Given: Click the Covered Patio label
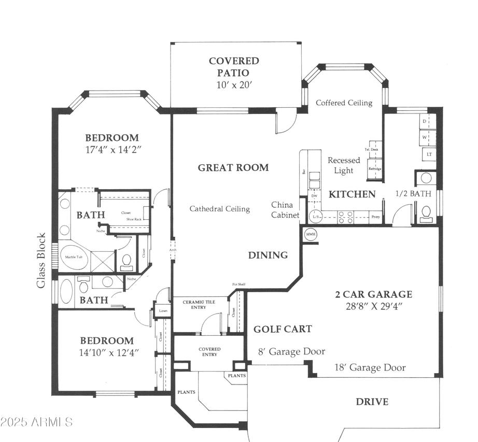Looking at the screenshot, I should click(x=234, y=67).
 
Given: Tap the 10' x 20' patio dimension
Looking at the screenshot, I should click(x=234, y=85).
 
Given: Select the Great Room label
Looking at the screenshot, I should click(x=233, y=167).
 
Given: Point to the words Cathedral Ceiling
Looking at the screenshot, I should click(x=219, y=209).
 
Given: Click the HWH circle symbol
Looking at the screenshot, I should click(x=311, y=234).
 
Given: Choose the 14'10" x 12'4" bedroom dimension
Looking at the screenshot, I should click(x=106, y=352).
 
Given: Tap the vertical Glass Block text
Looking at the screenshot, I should click(x=41, y=261).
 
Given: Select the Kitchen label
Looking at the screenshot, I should click(x=352, y=194).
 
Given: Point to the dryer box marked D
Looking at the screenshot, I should click(x=425, y=121).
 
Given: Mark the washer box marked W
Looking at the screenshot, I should click(x=425, y=137).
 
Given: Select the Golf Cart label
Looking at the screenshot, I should click(x=283, y=329).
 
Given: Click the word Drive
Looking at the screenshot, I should click(x=372, y=402).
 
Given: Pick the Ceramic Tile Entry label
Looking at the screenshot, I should click(x=194, y=304).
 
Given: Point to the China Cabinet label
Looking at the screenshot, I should click(x=285, y=210).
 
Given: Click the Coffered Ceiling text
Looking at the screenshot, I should click(x=344, y=103).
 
